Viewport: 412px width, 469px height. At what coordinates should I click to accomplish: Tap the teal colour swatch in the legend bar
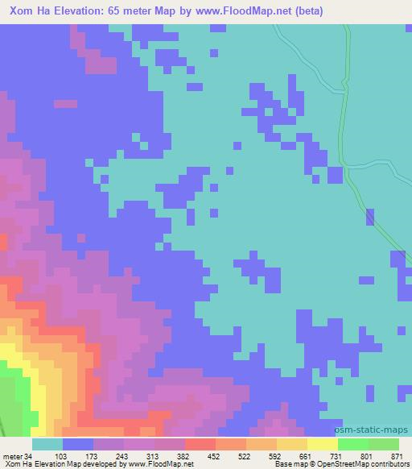(47, 445)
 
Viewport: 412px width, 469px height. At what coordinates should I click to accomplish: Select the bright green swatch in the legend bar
(352, 445)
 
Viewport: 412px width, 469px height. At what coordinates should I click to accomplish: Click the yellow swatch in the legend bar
(322, 445)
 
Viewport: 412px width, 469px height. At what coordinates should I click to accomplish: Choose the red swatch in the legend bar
(200, 445)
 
